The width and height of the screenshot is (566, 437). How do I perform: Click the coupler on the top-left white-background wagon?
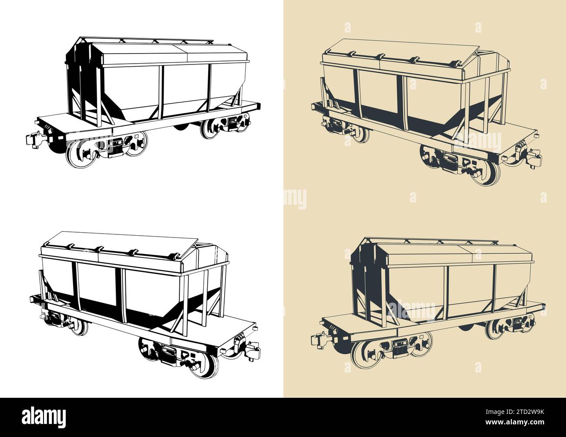tap(32, 139)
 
